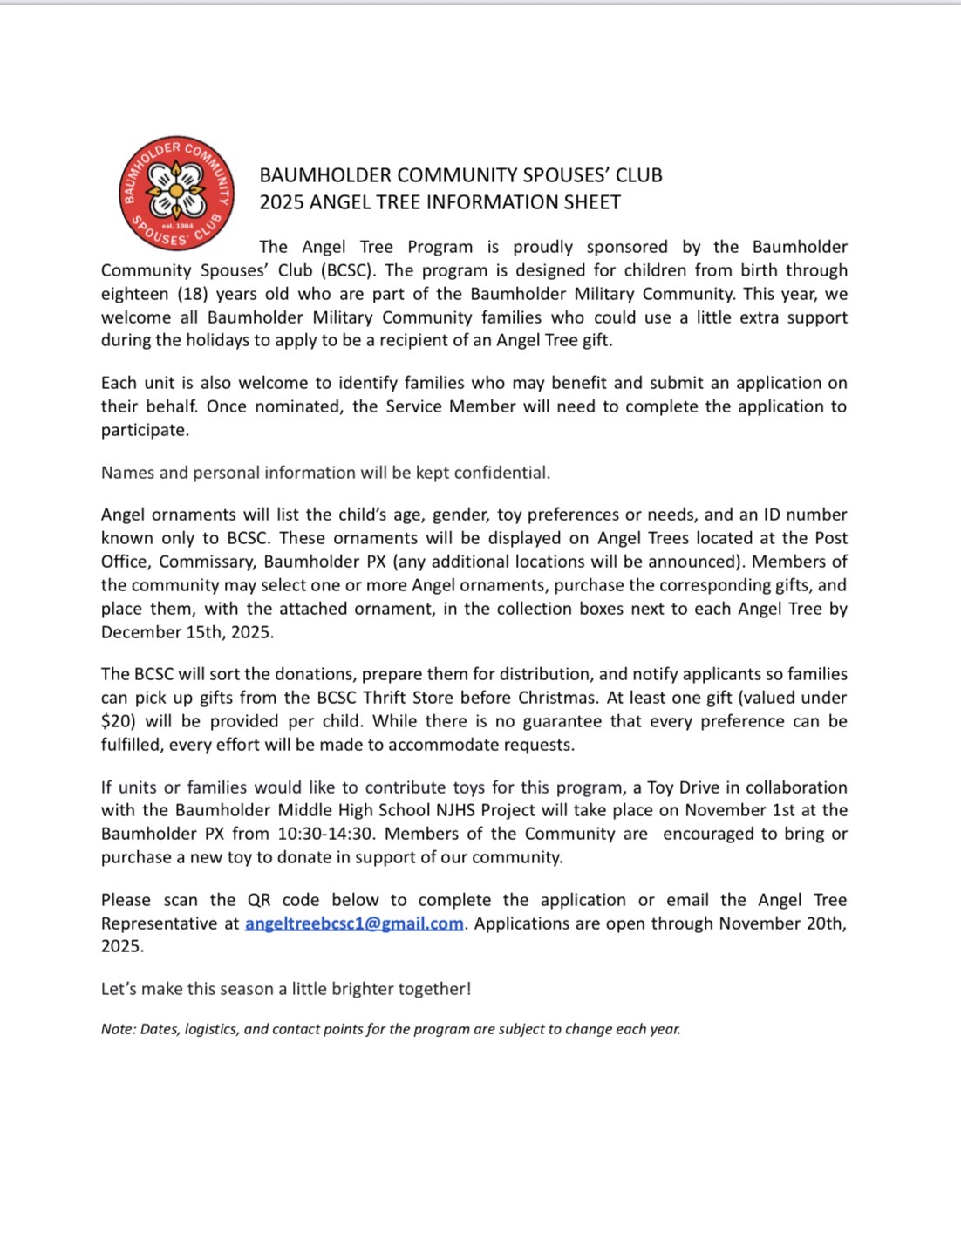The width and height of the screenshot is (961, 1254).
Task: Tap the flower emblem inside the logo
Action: tap(176, 190)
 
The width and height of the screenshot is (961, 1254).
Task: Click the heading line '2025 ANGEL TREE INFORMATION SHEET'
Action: tap(440, 202)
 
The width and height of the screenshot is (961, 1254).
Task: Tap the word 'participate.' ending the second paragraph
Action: tap(145, 430)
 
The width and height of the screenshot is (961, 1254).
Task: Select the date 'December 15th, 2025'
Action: tap(187, 632)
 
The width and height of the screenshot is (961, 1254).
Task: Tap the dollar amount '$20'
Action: tap(118, 721)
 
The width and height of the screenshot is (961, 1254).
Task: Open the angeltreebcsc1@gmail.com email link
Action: tap(354, 923)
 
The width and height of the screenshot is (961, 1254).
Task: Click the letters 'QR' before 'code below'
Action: tap(259, 900)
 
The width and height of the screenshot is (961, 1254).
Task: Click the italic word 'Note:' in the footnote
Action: tap(119, 1029)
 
